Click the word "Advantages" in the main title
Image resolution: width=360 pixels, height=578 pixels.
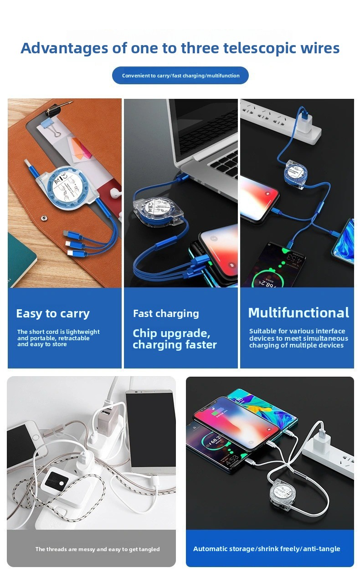(64, 49)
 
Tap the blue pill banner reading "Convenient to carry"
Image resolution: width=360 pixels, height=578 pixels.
(180, 75)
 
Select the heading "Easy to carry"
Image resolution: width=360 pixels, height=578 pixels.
(53, 313)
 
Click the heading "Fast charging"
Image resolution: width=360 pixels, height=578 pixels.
(166, 313)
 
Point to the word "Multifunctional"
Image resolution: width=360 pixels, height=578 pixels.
(298, 312)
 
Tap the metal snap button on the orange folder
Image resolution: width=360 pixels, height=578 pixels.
(44, 219)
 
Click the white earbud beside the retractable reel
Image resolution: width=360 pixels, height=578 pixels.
(115, 193)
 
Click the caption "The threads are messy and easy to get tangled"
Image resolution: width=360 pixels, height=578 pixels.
(98, 549)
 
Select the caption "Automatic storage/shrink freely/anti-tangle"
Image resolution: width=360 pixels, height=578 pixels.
(267, 548)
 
